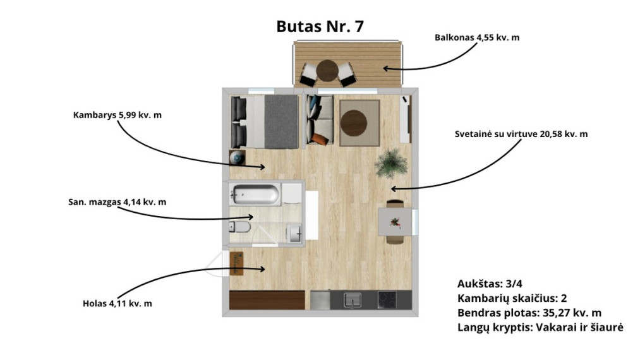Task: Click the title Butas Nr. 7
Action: pos(320,27)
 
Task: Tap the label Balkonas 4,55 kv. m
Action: pos(477,37)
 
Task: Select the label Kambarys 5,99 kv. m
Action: pos(117,115)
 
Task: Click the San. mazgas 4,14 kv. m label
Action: pos(117,202)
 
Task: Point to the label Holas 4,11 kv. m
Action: pos(117,304)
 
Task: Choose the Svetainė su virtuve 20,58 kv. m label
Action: pos(521,135)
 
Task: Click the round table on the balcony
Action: pos(327,71)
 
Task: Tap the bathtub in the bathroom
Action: pos(255,195)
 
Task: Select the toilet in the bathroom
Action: pos(239,227)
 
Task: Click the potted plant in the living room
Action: pos(391,164)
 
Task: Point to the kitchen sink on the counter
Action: pos(352,300)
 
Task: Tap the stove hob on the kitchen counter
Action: pos(387,300)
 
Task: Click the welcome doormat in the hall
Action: pos(237,263)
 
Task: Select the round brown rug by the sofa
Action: pos(354,123)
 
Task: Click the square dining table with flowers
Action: pos(395,222)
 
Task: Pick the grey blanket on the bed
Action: pos(281,122)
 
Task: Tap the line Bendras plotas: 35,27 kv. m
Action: pos(529,313)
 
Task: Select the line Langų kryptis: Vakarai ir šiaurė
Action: pos(540,328)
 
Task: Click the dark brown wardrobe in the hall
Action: pos(267,300)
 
